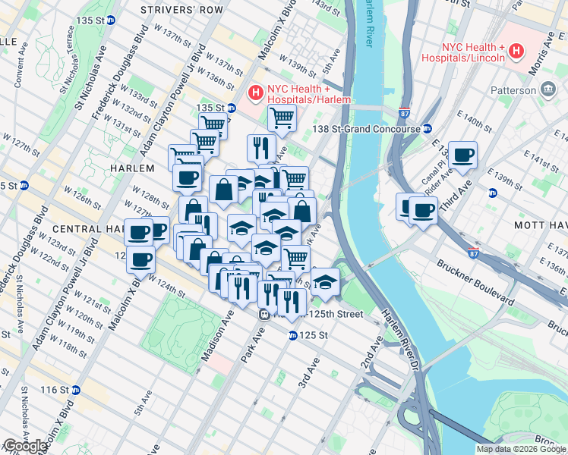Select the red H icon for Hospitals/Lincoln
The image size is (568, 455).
517,52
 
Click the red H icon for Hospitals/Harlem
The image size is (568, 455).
256,93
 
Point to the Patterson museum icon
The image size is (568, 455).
548,90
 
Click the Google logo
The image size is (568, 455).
24,446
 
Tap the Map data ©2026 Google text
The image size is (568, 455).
520,449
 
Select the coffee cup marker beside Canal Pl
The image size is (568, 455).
462,156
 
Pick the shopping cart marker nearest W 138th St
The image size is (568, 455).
282,118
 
